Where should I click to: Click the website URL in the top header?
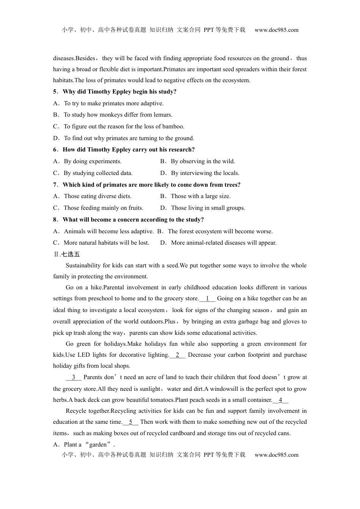coord(276,30)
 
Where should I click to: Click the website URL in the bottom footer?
coord(276,455)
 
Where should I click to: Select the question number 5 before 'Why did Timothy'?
coord(55,92)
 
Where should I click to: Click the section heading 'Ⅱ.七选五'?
coord(67,254)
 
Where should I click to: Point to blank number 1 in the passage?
coord(207,298)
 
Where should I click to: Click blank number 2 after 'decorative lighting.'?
coord(177,355)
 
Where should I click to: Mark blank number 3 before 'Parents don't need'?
coord(74,377)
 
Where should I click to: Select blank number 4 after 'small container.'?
coord(280,400)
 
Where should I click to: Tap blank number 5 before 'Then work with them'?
coord(131,422)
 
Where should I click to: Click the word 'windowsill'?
coord(224,389)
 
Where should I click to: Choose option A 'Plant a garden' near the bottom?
coord(84,445)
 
